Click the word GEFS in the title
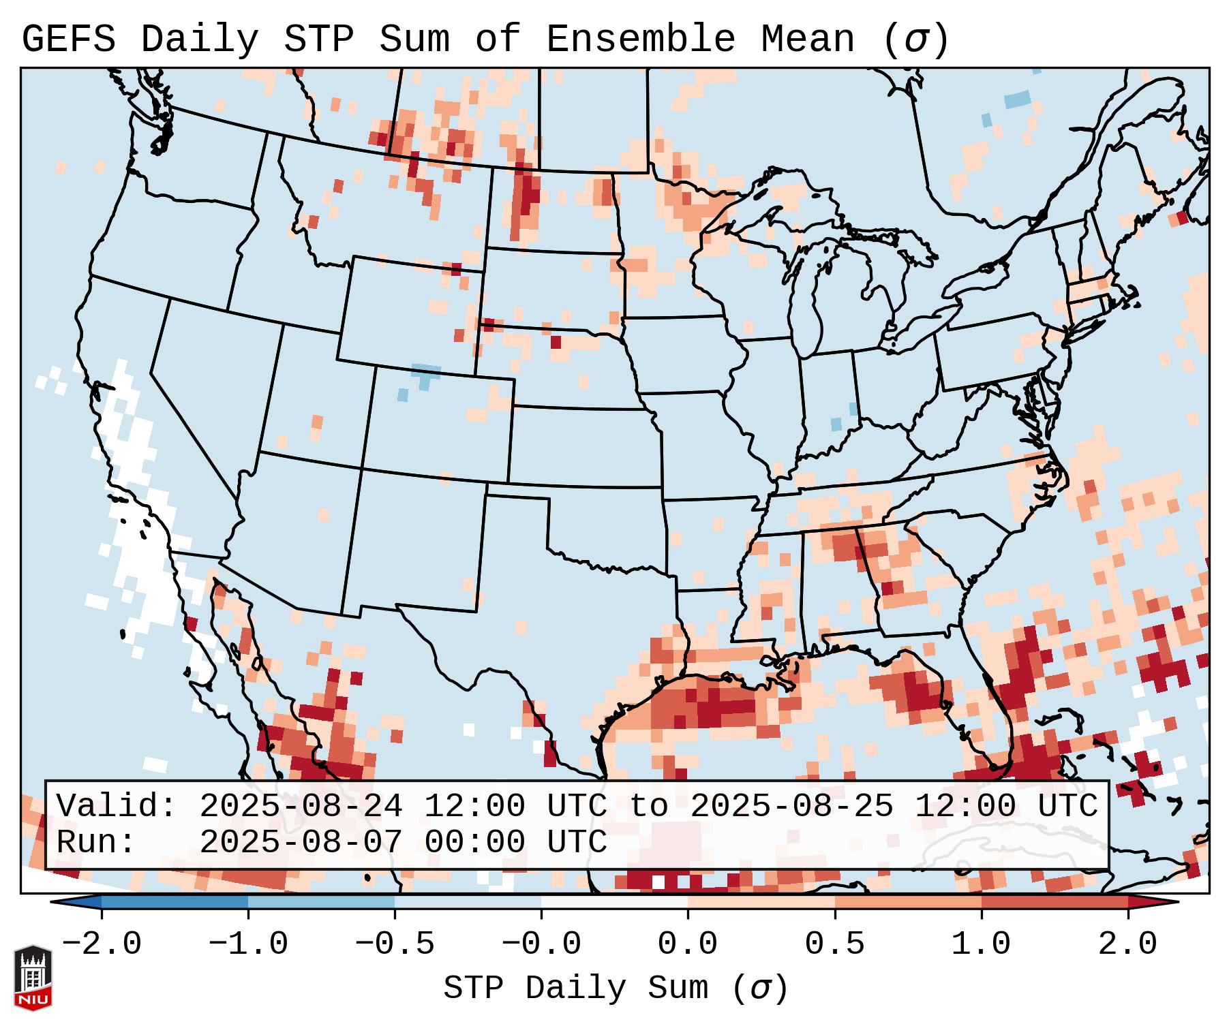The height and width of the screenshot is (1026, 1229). pos(69,40)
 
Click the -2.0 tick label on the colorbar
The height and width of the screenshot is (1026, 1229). pos(102,944)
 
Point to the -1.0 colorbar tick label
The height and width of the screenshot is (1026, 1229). pos(248,944)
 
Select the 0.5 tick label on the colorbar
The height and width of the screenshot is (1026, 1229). pos(835,944)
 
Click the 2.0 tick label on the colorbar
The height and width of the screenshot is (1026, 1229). pos(1128,944)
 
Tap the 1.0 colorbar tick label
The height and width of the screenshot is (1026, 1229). pos(982,944)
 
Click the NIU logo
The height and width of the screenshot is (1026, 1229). pos(33,977)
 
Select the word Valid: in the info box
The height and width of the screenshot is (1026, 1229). pos(117,806)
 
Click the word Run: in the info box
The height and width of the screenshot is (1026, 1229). pos(96,842)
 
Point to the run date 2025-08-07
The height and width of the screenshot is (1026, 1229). pos(301,842)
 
